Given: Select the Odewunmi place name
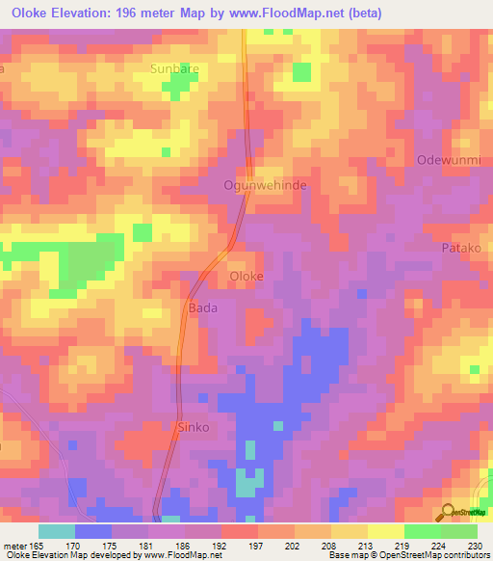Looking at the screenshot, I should tap(446, 159).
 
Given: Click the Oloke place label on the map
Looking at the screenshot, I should tap(246, 276).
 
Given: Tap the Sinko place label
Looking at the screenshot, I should tap(193, 427).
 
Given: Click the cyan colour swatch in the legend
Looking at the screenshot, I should tap(57, 531).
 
